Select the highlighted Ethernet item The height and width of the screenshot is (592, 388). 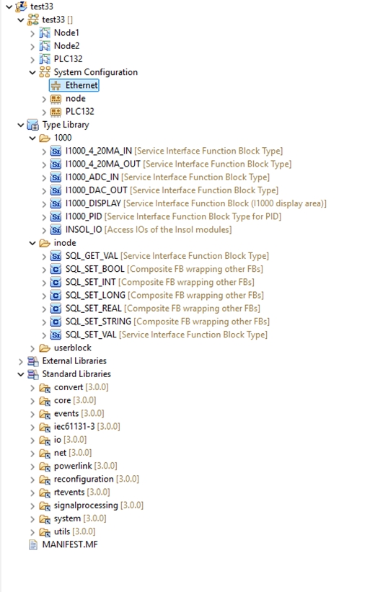(x=81, y=85)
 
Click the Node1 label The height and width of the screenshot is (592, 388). (x=66, y=33)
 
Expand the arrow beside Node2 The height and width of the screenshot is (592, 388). (x=32, y=46)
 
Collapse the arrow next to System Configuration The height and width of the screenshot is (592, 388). (x=32, y=73)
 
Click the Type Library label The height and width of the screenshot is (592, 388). (x=66, y=125)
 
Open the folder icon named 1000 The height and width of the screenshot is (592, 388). (x=45, y=138)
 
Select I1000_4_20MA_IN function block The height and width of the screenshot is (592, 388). (x=99, y=151)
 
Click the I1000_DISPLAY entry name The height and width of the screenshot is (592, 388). (x=93, y=203)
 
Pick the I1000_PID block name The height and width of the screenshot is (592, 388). (x=84, y=217)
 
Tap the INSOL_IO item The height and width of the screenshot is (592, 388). (x=84, y=229)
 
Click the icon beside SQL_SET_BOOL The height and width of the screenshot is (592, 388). (x=56, y=269)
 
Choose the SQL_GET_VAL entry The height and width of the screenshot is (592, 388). (x=92, y=256)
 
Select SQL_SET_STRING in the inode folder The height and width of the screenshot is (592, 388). (x=98, y=322)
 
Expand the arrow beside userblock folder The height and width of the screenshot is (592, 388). (x=32, y=348)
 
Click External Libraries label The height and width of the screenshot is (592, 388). (x=74, y=361)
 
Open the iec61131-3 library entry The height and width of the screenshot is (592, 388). (x=74, y=427)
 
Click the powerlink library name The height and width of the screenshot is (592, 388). (x=73, y=466)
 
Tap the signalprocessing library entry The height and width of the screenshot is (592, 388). (x=86, y=505)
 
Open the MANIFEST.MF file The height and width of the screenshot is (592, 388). (x=70, y=544)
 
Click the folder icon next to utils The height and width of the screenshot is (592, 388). (x=45, y=532)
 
